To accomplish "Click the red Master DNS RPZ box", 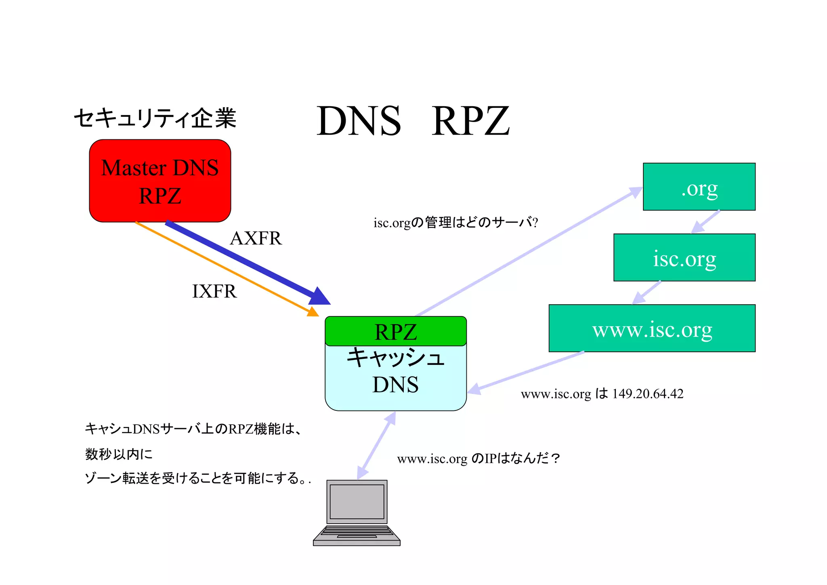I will pyautogui.click(x=160, y=181).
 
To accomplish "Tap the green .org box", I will pyautogui.click(x=699, y=187).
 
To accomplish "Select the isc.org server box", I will pyautogui.click(x=684, y=257).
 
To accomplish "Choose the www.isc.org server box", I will pyautogui.click(x=652, y=328).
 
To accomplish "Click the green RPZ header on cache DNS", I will pyautogui.click(x=395, y=331).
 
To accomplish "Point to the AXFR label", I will pyautogui.click(x=256, y=238).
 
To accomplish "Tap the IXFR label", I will pyautogui.click(x=214, y=291).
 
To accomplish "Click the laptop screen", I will pyautogui.click(x=357, y=501).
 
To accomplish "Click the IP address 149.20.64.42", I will pyautogui.click(x=648, y=394).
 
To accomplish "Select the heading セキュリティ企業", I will pyautogui.click(x=155, y=118).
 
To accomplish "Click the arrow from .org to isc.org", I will pyautogui.click(x=705, y=222).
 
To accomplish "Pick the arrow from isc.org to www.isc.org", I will pyautogui.click(x=646, y=292).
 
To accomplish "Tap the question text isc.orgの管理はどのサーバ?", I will pyautogui.click(x=455, y=222).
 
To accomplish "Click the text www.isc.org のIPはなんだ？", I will pyautogui.click(x=478, y=458).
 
